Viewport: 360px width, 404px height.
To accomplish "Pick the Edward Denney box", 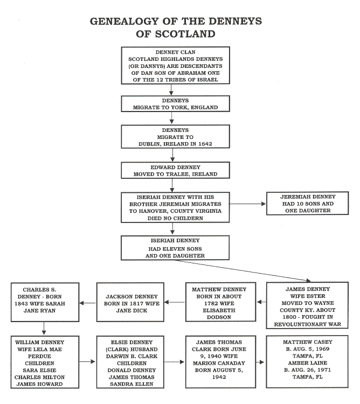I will point(172,170).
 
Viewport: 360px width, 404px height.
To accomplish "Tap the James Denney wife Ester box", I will point(309,305).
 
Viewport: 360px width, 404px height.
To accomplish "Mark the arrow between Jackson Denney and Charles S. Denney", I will point(87,304).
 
